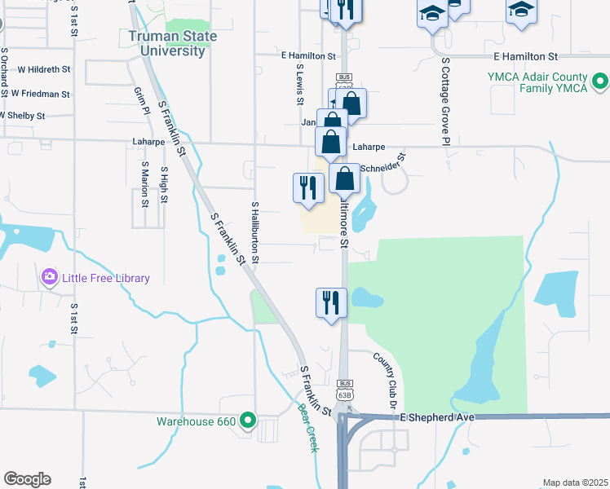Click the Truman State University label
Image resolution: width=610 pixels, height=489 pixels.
[166, 43]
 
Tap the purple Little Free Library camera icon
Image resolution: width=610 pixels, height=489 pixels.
[50, 278]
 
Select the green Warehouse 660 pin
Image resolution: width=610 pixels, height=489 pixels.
[248, 421]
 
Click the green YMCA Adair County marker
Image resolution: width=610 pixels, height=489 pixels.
[600, 81]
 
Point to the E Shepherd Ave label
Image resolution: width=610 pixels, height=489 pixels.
[437, 416]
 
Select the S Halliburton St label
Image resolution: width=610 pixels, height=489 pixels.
[255, 233]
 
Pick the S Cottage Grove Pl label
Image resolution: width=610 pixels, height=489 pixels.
[446, 102]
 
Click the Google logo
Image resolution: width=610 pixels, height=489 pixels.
[27, 479]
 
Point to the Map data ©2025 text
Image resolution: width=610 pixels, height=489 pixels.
[575, 483]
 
